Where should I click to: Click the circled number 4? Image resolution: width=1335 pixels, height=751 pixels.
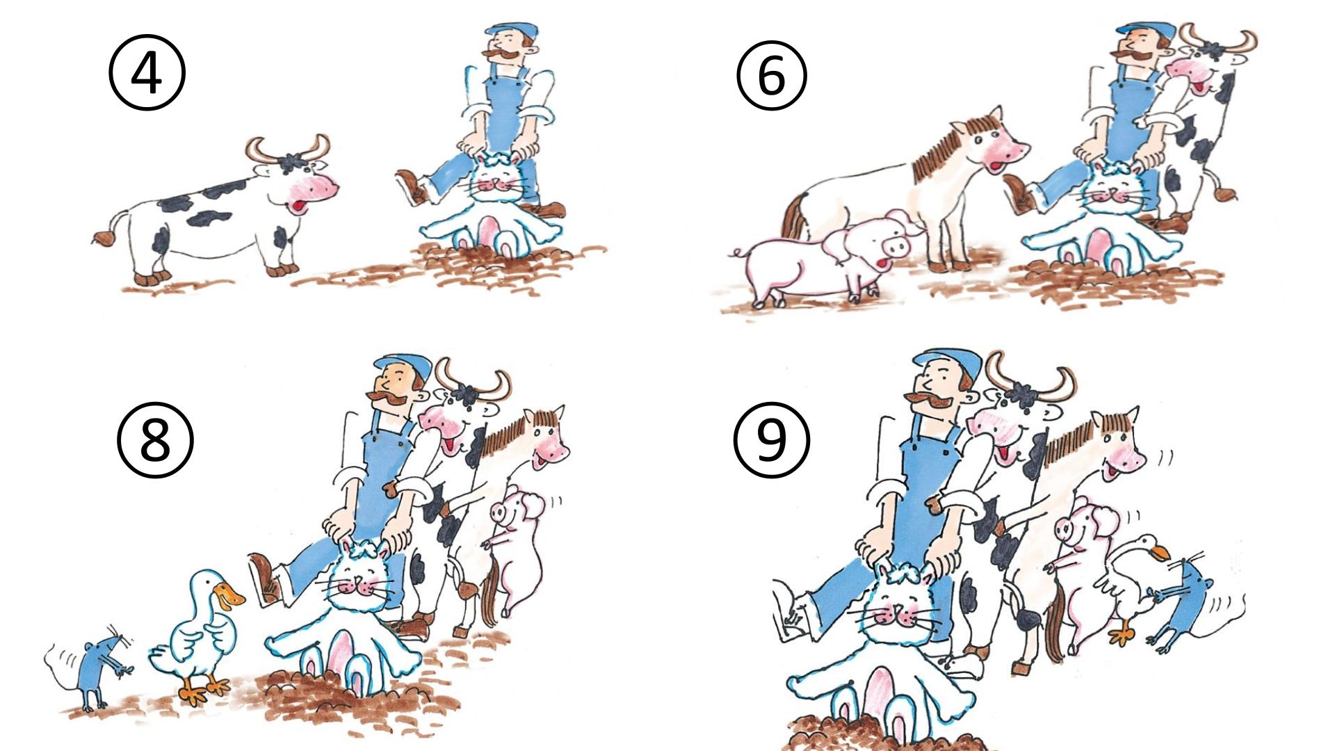[x=147, y=73]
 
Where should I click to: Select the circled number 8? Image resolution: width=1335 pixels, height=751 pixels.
[x=154, y=439]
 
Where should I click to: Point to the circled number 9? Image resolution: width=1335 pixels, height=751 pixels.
[x=771, y=439]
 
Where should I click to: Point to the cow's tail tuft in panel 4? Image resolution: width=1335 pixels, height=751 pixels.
[x=103, y=239]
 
